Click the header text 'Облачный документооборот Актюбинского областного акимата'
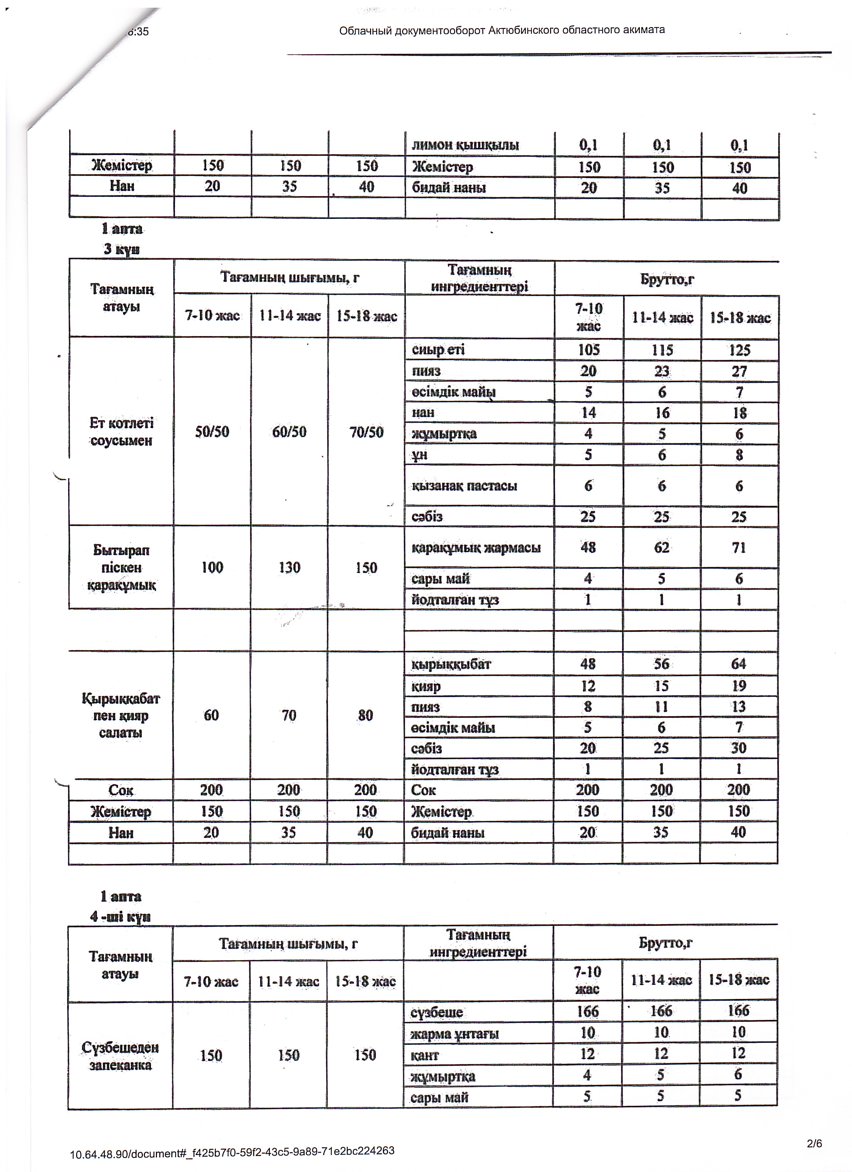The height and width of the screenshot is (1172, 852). (501, 30)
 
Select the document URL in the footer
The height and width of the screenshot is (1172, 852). (232, 1151)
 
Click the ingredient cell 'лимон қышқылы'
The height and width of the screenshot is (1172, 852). (465, 145)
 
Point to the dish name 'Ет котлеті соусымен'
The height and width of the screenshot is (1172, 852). (122, 432)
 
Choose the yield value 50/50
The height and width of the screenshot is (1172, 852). (212, 432)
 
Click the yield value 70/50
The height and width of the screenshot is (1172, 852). (366, 432)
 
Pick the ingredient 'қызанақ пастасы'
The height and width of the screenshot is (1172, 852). (464, 486)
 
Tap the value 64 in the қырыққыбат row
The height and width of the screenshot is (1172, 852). (738, 664)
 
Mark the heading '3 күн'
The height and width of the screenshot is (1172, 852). (122, 249)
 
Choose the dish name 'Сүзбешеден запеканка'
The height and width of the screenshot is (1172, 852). (120, 1056)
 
